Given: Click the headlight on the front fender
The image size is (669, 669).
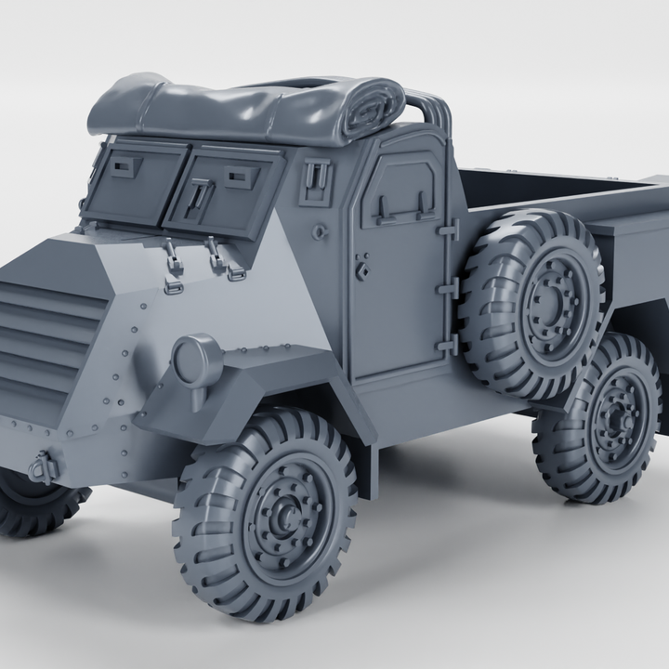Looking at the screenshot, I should tap(196, 360).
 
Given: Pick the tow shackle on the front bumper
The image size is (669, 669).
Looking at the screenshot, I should tap(43, 466).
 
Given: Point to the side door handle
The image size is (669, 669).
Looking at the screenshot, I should tap(363, 270).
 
